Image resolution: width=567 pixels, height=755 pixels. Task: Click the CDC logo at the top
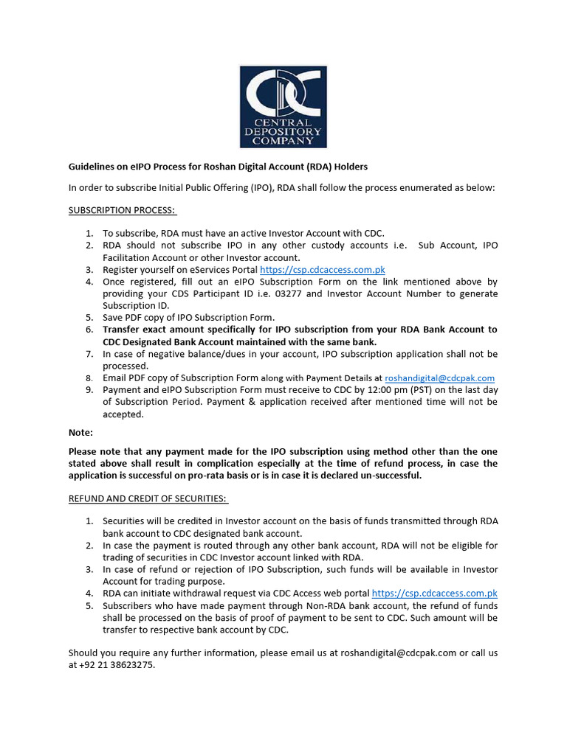click(283, 106)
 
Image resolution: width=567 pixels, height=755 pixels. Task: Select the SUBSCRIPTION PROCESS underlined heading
click(122, 210)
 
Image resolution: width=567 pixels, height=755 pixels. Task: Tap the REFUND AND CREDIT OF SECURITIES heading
click(148, 498)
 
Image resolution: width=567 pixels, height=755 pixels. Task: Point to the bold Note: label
click(81, 433)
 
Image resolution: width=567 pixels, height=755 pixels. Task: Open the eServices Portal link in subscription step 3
click(322, 270)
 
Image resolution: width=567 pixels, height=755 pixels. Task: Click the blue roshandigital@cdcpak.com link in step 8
click(439, 377)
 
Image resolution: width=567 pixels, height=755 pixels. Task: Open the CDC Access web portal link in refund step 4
click(434, 593)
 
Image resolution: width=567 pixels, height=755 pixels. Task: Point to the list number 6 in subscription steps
click(89, 330)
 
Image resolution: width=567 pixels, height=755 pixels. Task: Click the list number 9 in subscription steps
click(89, 389)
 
